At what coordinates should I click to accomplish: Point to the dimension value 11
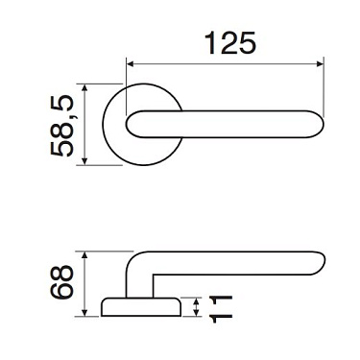point(219,306)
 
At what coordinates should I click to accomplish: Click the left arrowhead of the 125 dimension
point(132,65)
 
